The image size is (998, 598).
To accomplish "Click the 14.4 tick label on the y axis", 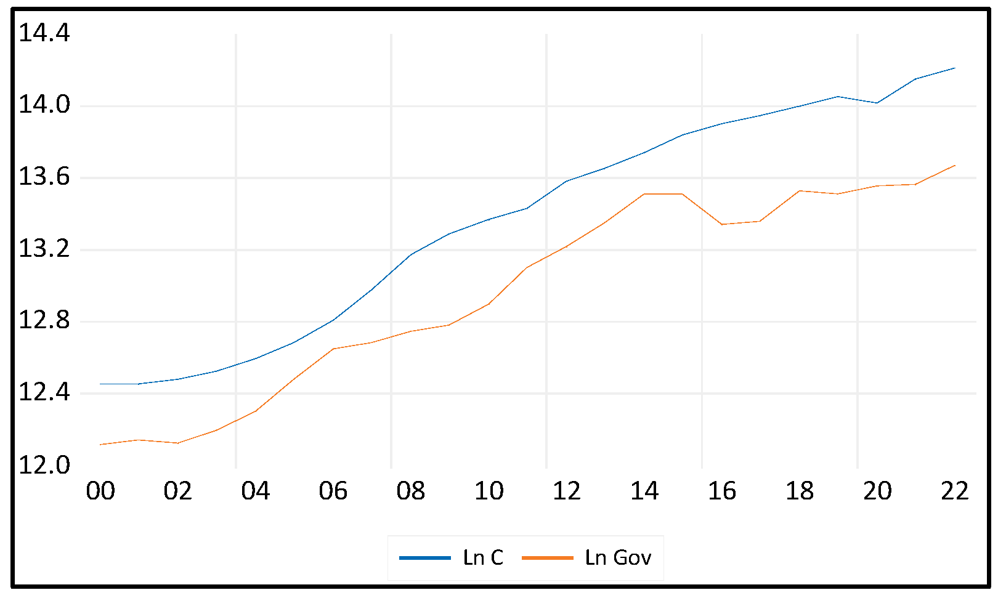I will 44,33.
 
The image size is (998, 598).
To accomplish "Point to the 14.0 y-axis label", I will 44,105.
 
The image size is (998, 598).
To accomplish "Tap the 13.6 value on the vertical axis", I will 44,177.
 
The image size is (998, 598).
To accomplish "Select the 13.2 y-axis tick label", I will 44,249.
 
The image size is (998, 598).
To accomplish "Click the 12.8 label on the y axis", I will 44,321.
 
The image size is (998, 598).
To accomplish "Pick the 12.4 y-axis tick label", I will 44,392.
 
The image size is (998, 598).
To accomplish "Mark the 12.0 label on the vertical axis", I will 44,465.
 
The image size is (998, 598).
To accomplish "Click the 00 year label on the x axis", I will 100,491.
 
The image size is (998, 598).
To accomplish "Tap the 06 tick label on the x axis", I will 333,491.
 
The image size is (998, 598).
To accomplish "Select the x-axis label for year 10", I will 489,491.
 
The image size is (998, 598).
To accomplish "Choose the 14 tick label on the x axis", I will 644,491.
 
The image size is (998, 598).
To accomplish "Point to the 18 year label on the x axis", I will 800,491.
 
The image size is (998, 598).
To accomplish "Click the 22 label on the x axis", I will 955,491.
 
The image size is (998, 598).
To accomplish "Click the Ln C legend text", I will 483,557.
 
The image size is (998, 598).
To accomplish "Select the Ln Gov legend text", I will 618,557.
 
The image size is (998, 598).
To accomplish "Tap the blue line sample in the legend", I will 425,557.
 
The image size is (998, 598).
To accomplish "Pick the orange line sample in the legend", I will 547,557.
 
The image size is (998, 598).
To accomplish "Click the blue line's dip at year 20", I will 877,102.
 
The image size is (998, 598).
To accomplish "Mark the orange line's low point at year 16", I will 722,224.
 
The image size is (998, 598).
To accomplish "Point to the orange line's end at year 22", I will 955,166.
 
